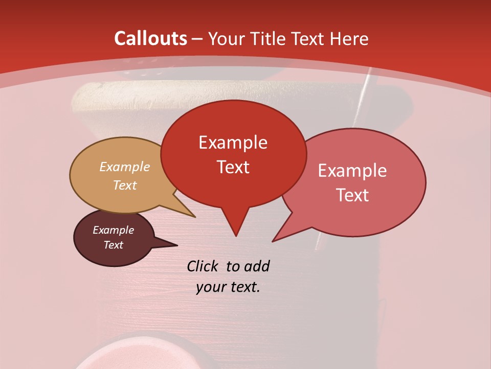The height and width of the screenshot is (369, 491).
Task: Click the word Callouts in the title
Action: click(x=150, y=38)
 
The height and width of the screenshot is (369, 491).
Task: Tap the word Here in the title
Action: click(x=350, y=38)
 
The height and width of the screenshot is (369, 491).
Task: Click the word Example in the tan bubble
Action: click(x=125, y=167)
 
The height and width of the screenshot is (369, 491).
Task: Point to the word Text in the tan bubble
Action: click(x=125, y=185)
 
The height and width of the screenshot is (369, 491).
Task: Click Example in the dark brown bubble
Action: click(x=113, y=230)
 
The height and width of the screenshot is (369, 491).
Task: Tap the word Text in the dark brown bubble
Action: click(x=113, y=245)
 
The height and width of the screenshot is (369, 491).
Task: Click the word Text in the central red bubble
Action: click(x=233, y=167)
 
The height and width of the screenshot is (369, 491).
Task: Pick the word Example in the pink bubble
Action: click(x=352, y=171)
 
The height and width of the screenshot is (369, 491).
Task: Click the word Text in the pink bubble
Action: click(x=352, y=195)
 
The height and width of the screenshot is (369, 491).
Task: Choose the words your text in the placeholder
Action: click(x=228, y=287)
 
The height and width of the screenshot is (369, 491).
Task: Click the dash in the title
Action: click(x=197, y=39)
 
